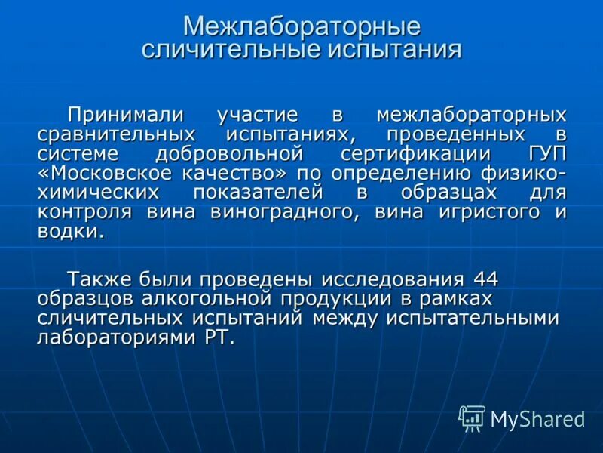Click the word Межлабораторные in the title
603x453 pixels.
(x=301, y=27)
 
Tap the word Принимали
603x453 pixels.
(x=126, y=116)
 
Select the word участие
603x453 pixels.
(x=258, y=116)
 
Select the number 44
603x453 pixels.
(x=482, y=279)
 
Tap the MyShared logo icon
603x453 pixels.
(x=472, y=418)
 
